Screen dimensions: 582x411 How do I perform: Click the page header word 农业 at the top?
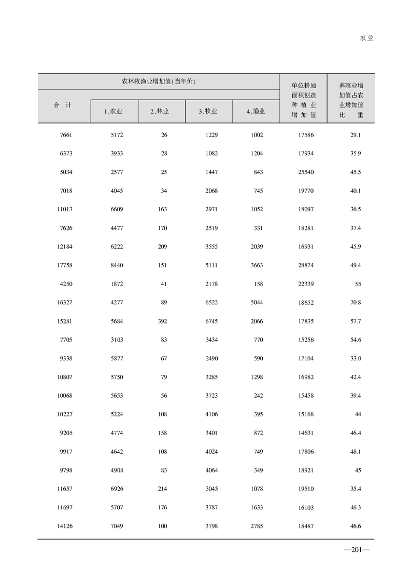[366, 38]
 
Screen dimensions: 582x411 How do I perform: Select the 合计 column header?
[63, 105]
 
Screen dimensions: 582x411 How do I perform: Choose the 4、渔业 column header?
[256, 112]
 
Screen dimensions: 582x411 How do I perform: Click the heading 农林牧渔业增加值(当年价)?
[158, 82]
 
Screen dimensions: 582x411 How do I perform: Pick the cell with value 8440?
[116, 265]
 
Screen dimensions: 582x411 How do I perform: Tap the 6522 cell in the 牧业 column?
[211, 303]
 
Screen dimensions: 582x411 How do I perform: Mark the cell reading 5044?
[256, 303]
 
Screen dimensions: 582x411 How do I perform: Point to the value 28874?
[306, 265]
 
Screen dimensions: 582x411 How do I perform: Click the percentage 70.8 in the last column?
[356, 303]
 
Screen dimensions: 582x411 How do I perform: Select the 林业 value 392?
[162, 321]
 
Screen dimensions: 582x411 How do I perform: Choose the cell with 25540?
[306, 172]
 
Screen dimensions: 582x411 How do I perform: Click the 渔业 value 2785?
[256, 526]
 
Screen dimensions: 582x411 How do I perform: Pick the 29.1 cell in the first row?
[356, 135]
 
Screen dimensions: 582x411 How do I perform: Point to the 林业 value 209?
[162, 247]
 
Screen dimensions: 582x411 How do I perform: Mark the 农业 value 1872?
[116, 284]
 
